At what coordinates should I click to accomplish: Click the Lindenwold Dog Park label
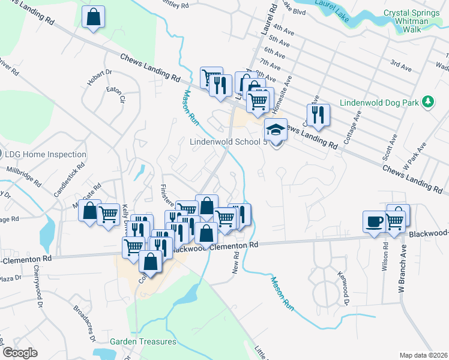(x=379, y=103)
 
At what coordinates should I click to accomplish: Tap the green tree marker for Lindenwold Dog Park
(x=428, y=102)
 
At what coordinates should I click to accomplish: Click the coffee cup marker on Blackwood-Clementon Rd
(x=374, y=221)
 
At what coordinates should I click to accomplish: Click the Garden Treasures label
(x=143, y=341)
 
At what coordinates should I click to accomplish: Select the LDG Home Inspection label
(x=46, y=154)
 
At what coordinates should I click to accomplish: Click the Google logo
(x=19, y=353)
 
